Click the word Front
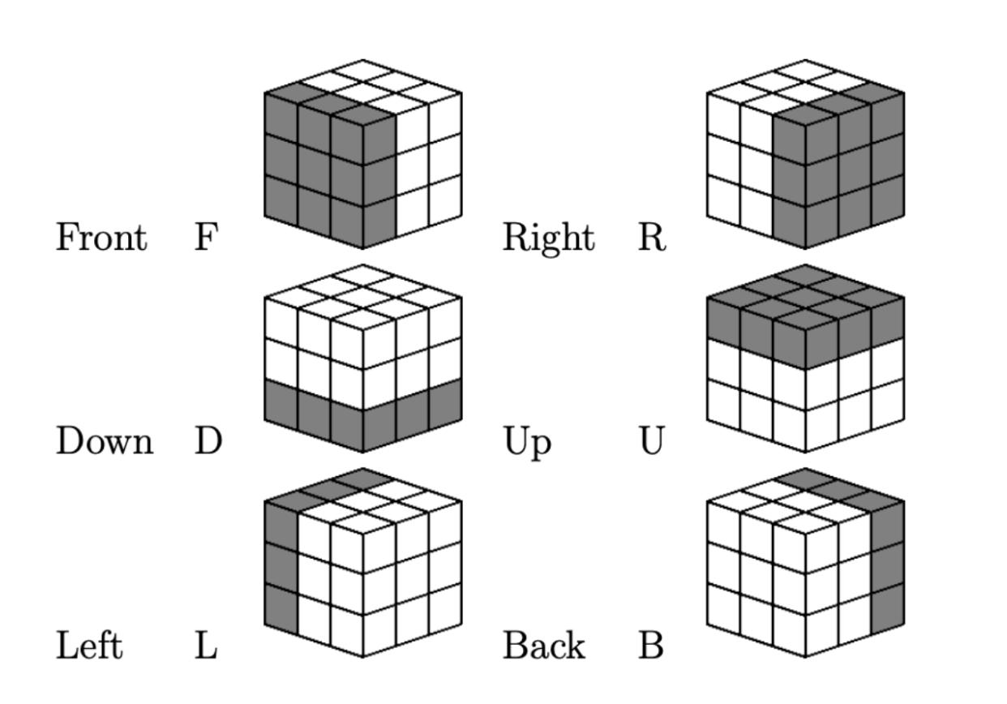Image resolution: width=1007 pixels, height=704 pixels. [101, 238]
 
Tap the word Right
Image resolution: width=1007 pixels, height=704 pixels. [548, 238]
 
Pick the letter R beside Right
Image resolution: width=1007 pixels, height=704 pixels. [651, 238]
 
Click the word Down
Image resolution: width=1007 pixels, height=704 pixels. [104, 442]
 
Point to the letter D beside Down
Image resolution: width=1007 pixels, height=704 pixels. [208, 442]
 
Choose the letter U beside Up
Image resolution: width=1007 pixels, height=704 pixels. [651, 442]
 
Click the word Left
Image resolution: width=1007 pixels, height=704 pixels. [89, 646]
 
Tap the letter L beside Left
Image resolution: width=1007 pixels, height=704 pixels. [206, 646]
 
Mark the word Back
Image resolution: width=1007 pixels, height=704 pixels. [544, 646]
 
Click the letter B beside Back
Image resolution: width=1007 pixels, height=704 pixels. [651, 646]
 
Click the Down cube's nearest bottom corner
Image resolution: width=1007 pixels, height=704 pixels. [362, 452]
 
